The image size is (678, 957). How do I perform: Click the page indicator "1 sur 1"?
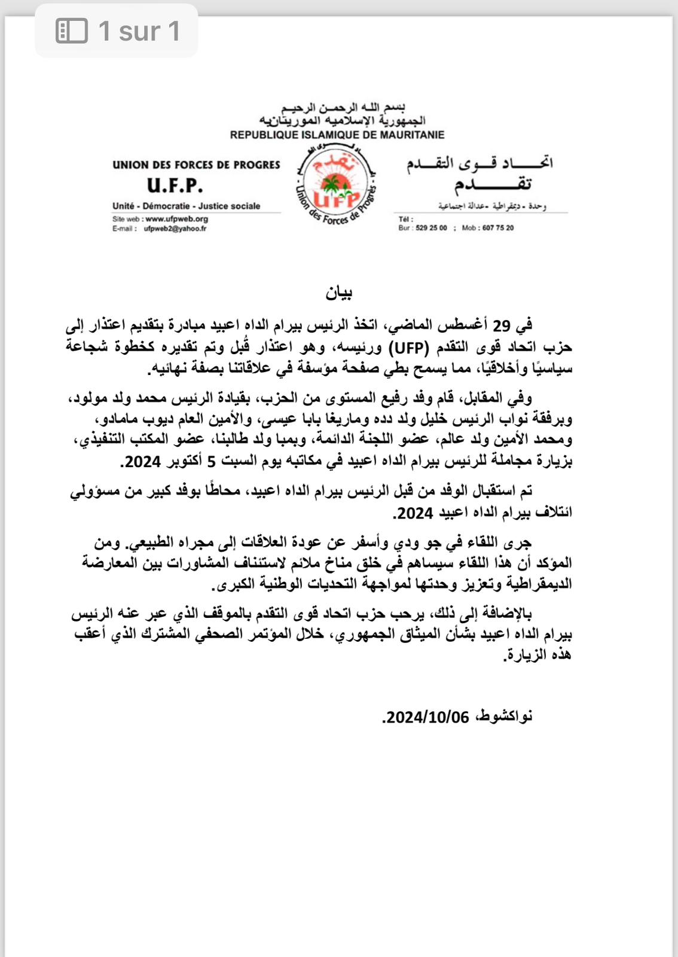pyautogui.click(x=139, y=31)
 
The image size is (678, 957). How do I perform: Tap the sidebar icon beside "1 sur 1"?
pyautogui.click(x=72, y=31)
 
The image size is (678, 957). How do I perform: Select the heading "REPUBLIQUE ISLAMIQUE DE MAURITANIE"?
pyautogui.click(x=337, y=135)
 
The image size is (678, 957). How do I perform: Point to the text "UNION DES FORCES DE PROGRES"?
pyautogui.click(x=196, y=164)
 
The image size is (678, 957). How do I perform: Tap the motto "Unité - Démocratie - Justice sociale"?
pyautogui.click(x=186, y=206)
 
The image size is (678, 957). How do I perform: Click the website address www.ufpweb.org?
pyautogui.click(x=176, y=219)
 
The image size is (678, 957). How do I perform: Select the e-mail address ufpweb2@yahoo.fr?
pyautogui.click(x=175, y=228)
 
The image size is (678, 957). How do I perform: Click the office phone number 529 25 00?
pyautogui.click(x=431, y=228)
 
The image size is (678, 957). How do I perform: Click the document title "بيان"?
pyautogui.click(x=339, y=292)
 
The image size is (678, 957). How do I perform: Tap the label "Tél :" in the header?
pyautogui.click(x=405, y=219)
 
